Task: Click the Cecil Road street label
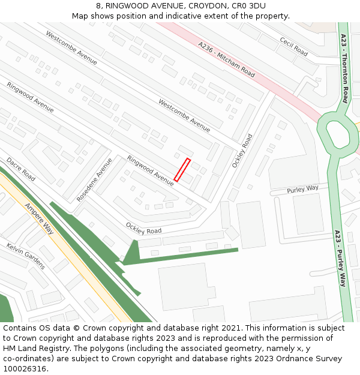coord(293,47)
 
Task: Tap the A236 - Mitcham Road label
coord(226,59)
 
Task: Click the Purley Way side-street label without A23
coord(302,189)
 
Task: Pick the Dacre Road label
coord(21,169)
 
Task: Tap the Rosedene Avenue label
coord(95,179)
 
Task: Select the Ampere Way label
coord(39,218)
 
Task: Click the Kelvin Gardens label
coord(26,256)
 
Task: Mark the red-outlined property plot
coord(182,170)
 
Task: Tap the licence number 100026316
coord(25,369)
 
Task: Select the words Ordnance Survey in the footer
coord(311,359)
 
